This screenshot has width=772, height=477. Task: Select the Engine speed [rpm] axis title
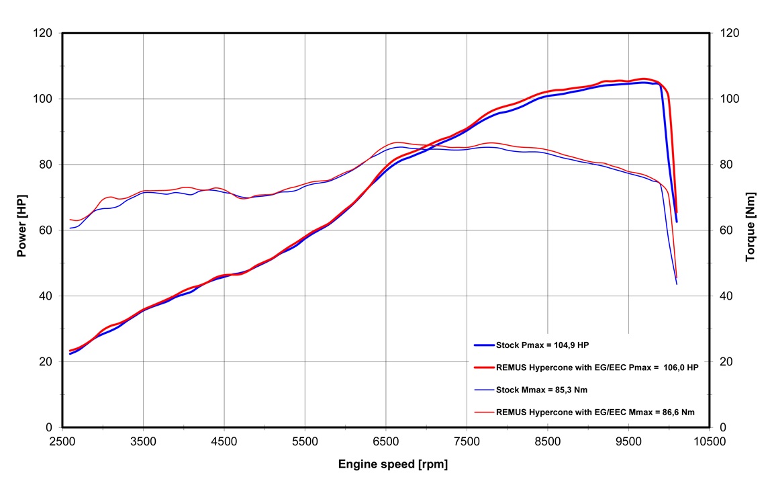pyautogui.click(x=393, y=464)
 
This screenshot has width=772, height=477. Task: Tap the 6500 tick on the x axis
pyautogui.click(x=386, y=441)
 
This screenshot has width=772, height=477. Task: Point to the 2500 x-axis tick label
pyautogui.click(x=62, y=441)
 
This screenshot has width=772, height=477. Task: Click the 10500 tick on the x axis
pyautogui.click(x=710, y=441)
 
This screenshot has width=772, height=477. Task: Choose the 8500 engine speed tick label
pyautogui.click(x=548, y=441)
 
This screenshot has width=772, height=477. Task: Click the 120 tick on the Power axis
pyautogui.click(x=44, y=33)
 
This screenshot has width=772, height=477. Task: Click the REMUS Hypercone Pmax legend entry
pyautogui.click(x=597, y=367)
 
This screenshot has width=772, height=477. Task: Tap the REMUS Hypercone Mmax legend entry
pyautogui.click(x=595, y=412)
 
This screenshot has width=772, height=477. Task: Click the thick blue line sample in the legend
pyautogui.click(x=483, y=345)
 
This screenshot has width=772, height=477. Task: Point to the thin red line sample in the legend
pyautogui.click(x=483, y=412)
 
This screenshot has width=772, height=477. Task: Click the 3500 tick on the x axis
pyautogui.click(x=143, y=441)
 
